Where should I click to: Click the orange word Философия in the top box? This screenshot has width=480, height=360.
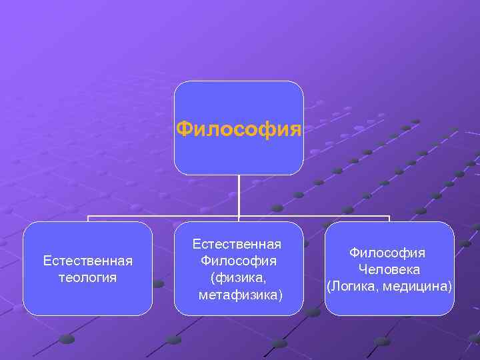pos(239,127)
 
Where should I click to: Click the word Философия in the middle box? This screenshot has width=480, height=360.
pos(239,260)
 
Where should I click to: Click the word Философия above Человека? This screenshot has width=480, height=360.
pos(388,253)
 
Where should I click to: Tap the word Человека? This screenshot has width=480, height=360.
pos(389,269)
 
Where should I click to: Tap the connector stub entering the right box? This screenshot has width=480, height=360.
pos(389,219)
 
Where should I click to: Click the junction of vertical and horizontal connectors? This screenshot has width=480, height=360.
pos(239,216)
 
